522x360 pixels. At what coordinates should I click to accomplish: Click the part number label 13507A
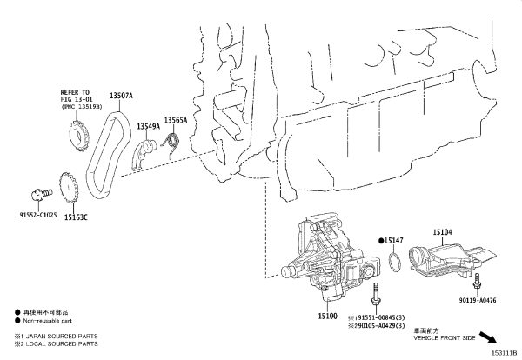click(121, 96)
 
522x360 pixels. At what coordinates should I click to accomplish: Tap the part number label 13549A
click(149, 126)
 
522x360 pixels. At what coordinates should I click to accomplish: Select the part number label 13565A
click(176, 120)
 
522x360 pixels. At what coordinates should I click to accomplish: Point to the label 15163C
click(76, 217)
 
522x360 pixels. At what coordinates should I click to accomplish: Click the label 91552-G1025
click(38, 215)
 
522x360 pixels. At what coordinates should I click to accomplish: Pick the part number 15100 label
click(327, 316)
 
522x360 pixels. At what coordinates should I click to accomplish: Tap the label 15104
click(442, 232)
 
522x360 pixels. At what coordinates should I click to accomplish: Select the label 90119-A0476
click(478, 300)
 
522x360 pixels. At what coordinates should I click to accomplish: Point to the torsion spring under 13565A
click(171, 143)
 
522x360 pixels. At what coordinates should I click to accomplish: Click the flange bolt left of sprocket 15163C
click(41, 194)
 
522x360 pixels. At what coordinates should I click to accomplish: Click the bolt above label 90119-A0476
click(477, 281)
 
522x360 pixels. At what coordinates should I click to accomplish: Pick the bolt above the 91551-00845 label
click(376, 293)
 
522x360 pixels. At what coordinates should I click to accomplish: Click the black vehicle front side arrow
click(488, 337)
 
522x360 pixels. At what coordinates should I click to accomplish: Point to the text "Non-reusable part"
click(47, 321)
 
